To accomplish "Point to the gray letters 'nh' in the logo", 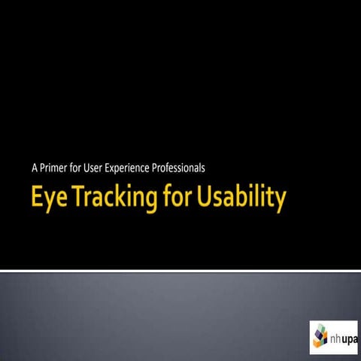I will (336, 338).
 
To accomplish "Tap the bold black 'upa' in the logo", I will (352, 338).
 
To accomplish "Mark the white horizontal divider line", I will (180, 271).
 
